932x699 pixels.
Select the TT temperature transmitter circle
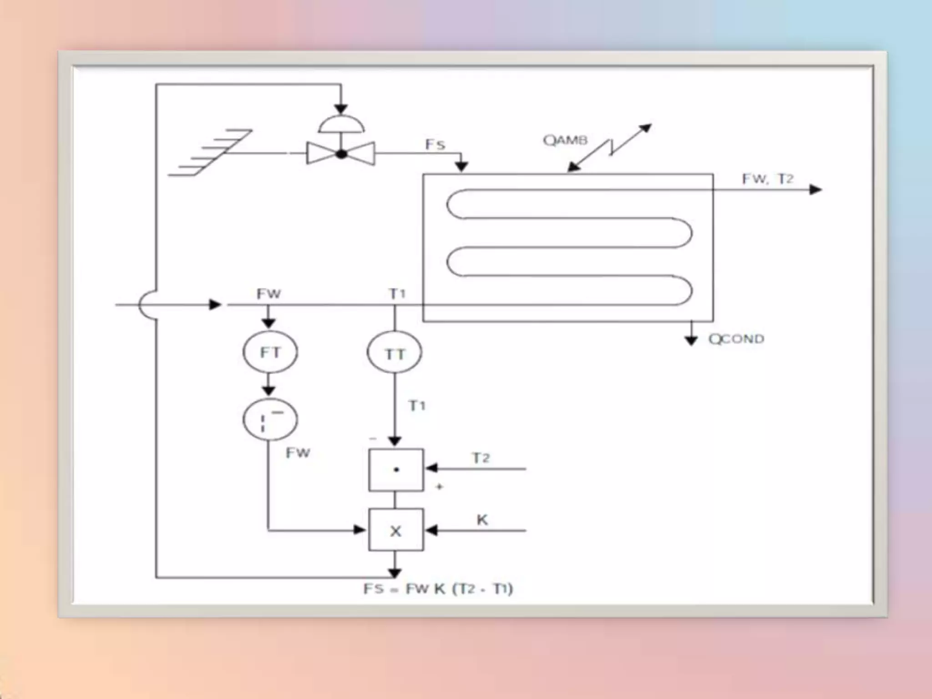point(394,354)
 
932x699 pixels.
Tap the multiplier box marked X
point(395,530)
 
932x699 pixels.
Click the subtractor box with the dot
point(395,470)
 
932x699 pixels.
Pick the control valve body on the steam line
point(341,154)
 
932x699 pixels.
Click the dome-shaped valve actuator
point(341,124)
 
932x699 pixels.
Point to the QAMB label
point(565,140)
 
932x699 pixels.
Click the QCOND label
point(736,339)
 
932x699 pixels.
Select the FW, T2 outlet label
point(768,179)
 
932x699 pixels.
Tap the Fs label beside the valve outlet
point(435,144)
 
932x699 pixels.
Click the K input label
point(482,519)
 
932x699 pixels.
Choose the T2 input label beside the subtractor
point(481,458)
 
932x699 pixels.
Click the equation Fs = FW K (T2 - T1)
point(438,589)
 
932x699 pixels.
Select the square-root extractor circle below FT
point(270,420)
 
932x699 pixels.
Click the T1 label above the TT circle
point(397,294)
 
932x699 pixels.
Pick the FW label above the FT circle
point(268,294)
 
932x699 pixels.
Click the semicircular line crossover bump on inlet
point(147,305)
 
